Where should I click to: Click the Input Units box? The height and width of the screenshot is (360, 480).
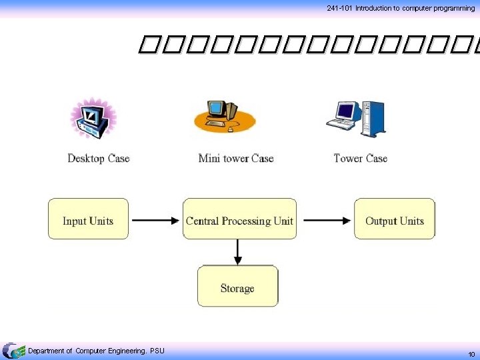click(88, 219)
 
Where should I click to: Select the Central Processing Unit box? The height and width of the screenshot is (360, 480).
click(239, 219)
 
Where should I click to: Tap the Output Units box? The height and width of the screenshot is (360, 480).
click(394, 219)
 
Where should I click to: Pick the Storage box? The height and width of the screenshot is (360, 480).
click(237, 286)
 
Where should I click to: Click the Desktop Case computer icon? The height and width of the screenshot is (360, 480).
click(93, 119)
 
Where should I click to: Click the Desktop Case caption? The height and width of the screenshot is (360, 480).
click(98, 159)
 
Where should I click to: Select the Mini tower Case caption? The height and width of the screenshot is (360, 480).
click(236, 159)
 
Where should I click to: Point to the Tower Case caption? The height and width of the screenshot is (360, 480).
click(360, 159)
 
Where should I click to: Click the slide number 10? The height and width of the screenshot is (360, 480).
click(471, 353)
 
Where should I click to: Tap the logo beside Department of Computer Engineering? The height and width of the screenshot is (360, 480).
click(13, 351)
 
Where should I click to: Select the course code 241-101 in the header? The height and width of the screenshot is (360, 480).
click(339, 8)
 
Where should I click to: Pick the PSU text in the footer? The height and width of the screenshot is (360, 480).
click(157, 351)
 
